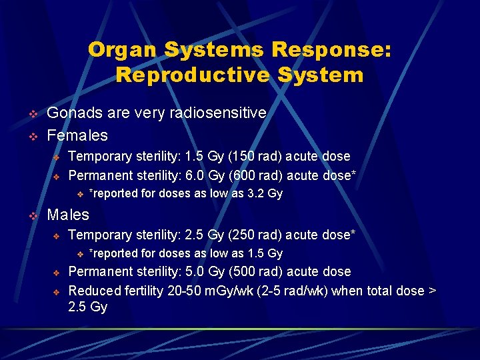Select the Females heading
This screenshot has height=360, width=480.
(77, 135)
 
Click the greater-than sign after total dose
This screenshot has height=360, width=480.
(430, 291)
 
